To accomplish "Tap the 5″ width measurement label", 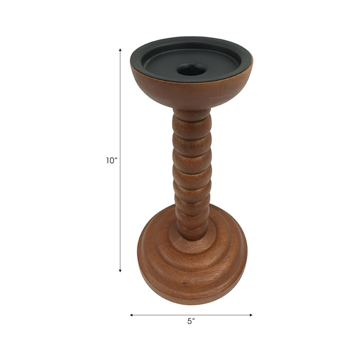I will [x=191, y=321].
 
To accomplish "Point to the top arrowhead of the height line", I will [x=120, y=50].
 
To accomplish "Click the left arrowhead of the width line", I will [x=132, y=315].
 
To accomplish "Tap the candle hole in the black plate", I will [x=191, y=70].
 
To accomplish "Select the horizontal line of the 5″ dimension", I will [x=216, y=315].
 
